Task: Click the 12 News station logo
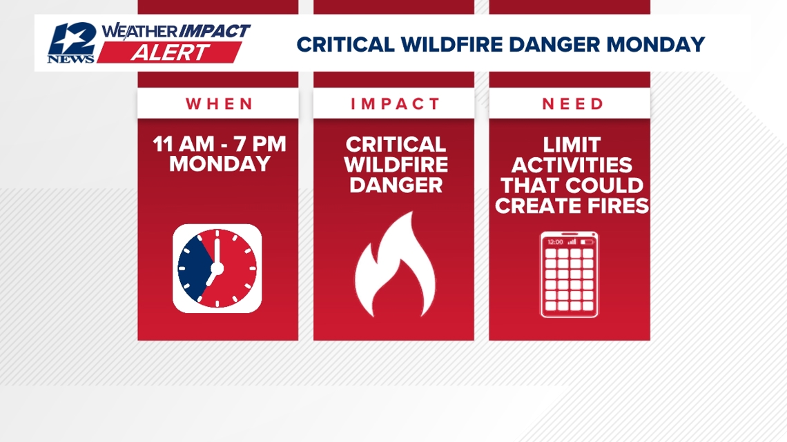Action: [71, 43]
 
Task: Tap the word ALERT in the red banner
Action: [169, 53]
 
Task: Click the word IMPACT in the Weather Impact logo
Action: [215, 31]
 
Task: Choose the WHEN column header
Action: [220, 104]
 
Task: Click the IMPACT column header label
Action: [395, 104]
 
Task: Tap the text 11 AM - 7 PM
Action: [220, 145]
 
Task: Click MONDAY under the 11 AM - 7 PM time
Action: [220, 165]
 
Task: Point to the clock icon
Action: [217, 268]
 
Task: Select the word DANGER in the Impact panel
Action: [395, 185]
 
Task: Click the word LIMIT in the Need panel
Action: [572, 145]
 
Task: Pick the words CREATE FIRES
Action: [572, 205]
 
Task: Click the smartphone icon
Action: [570, 274]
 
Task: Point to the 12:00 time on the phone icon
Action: [555, 242]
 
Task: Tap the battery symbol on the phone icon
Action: [587, 242]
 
